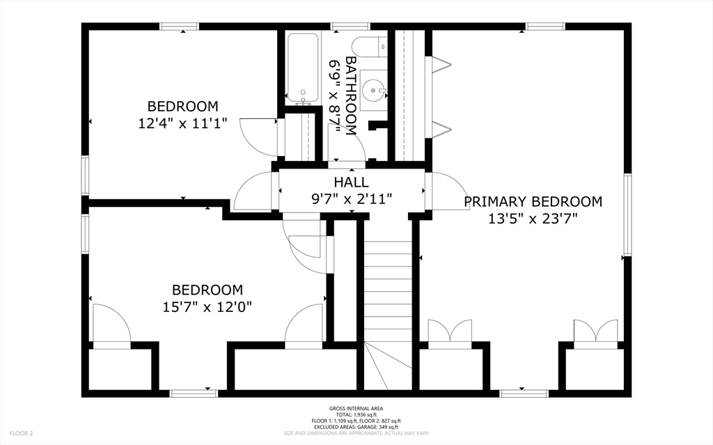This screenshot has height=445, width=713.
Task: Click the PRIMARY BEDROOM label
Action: pos(533,201)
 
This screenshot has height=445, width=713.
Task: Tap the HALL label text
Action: pos(351,182)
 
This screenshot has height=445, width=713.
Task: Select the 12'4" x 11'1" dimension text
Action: pos(182,123)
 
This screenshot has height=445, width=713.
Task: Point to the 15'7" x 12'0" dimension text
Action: pos(207,307)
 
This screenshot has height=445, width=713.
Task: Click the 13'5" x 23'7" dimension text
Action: pos(533,219)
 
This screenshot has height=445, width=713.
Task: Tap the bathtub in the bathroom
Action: pos(302,68)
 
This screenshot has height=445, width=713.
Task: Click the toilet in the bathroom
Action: pos(369,47)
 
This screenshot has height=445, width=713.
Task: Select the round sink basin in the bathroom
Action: pos(373,89)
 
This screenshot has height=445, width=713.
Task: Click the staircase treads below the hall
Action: pos(388,290)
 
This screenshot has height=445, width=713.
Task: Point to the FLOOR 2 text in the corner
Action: pos(22,433)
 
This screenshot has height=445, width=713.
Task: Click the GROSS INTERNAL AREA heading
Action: pos(356,409)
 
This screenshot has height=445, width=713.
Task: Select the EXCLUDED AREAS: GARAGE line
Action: pos(356,427)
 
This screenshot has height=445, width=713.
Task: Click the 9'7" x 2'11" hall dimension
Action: pos(351,199)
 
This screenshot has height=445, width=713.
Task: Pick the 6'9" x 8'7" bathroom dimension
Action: pos(335,97)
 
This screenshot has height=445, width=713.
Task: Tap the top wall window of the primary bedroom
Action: pos(545,26)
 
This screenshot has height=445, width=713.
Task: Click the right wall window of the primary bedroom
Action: pos(627,214)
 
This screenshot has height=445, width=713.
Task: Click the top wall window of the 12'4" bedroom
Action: pos(179,26)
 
